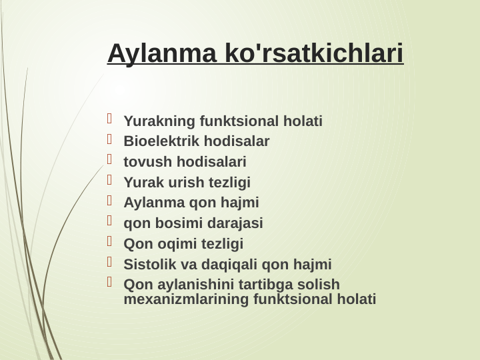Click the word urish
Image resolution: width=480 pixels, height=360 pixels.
(x=186, y=183)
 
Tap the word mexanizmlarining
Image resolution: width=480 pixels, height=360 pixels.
(x=187, y=299)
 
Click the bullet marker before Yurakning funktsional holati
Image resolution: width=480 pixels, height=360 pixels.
(x=111, y=119)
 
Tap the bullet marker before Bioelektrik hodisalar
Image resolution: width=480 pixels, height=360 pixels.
(x=111, y=139)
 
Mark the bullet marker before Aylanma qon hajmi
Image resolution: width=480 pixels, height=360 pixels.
(x=111, y=200)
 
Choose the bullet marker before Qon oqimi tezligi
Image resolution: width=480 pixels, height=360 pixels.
(x=111, y=241)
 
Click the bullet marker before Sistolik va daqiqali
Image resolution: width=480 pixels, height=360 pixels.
(x=111, y=262)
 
